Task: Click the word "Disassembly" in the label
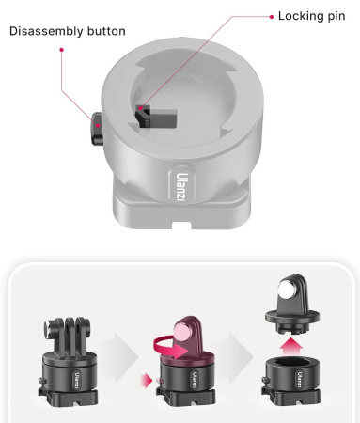(x=46, y=31)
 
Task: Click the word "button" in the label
(x=106, y=31)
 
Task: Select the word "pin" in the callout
(x=337, y=17)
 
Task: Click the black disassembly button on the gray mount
(x=97, y=129)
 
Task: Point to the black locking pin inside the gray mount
(x=156, y=117)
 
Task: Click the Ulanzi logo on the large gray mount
(x=181, y=187)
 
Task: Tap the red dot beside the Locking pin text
(x=272, y=17)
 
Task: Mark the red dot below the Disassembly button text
(x=62, y=50)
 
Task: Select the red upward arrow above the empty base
(x=291, y=347)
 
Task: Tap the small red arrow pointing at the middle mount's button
(x=146, y=381)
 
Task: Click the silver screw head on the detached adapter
(x=288, y=290)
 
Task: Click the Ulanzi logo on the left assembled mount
(x=77, y=380)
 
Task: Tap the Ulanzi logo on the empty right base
(x=300, y=380)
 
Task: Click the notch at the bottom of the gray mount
(x=181, y=226)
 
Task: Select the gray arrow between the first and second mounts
(x=120, y=357)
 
